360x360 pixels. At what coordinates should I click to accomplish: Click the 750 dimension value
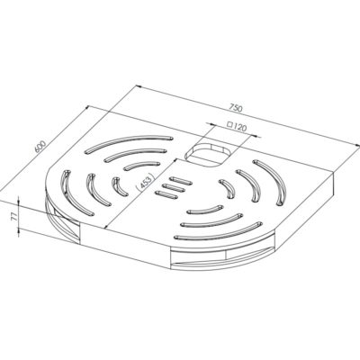click(x=236, y=108)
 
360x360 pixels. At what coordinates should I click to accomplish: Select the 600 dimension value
click(x=40, y=147)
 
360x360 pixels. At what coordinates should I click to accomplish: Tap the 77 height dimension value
click(x=13, y=216)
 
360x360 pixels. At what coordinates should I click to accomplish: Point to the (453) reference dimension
click(x=145, y=183)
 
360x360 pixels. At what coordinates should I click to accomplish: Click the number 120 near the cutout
click(x=240, y=127)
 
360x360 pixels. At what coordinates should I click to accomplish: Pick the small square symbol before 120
click(x=230, y=124)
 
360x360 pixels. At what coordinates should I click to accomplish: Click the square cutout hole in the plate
click(x=209, y=154)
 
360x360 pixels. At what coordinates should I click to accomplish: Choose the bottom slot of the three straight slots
click(x=166, y=194)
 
